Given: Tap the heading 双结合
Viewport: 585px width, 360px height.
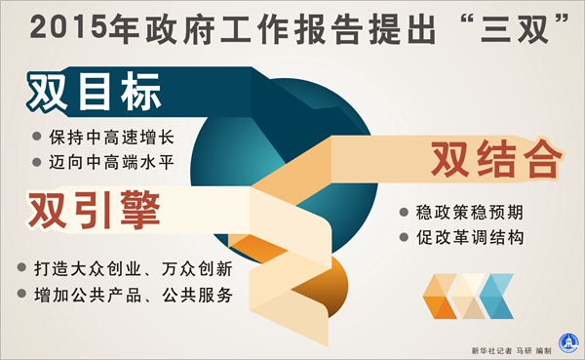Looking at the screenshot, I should [497, 157].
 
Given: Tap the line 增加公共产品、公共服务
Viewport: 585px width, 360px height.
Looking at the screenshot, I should [133, 294].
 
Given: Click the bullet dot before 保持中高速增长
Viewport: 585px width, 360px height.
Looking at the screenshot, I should [37, 138].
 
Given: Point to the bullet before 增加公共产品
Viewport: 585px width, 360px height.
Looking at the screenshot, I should [23, 294].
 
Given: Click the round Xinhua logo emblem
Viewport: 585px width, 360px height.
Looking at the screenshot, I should [566, 341].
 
